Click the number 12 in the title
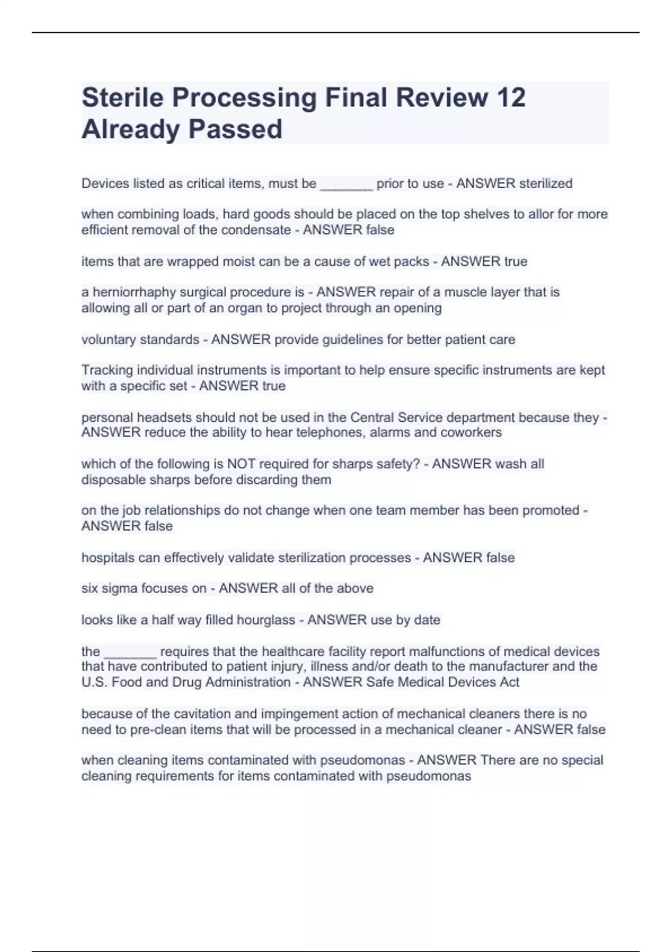coord(511,97)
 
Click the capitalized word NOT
coord(241,464)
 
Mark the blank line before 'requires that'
coord(130,652)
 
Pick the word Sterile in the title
coord(123,97)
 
